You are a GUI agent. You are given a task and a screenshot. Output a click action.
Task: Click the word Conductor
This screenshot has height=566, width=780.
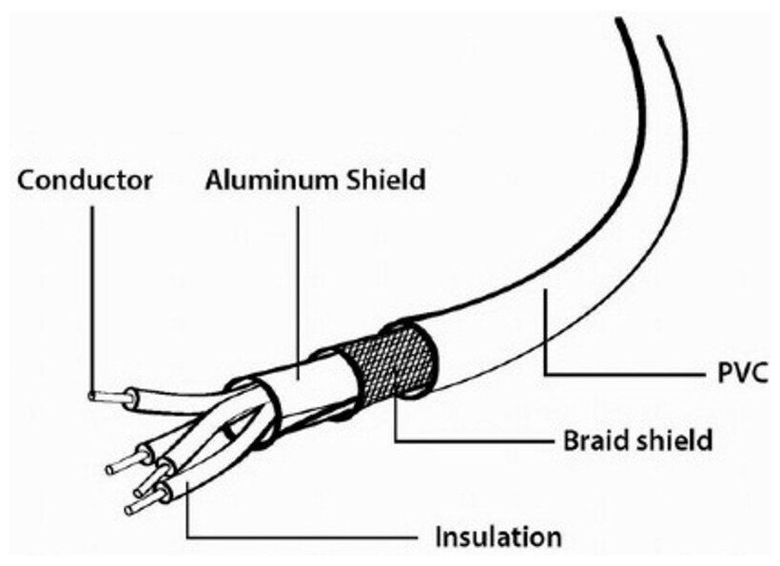point(85,179)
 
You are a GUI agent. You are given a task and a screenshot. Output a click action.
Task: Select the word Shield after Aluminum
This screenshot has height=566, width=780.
point(385,179)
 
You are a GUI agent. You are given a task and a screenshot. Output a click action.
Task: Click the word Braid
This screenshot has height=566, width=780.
point(595,441)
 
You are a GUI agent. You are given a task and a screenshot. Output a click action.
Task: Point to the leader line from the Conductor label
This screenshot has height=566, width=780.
point(92,285)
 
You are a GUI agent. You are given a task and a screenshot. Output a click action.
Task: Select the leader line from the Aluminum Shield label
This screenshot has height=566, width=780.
point(298,276)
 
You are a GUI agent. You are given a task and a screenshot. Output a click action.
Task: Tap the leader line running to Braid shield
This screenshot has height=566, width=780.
point(476,442)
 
